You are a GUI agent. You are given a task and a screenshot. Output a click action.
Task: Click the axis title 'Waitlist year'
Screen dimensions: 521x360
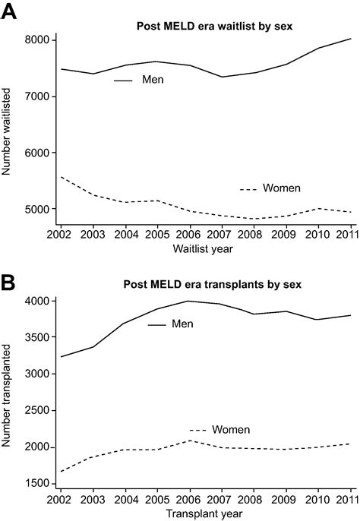tap(204, 247)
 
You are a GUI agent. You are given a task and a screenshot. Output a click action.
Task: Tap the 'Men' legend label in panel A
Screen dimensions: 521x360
tap(153, 79)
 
